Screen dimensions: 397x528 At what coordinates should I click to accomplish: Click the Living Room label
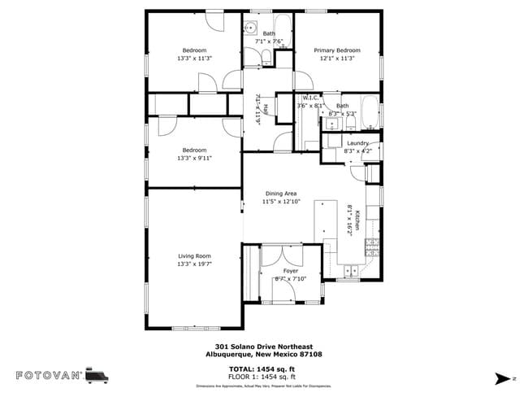pyautogui.click(x=194, y=256)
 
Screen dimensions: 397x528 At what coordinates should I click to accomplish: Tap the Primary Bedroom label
pyautogui.click(x=336, y=50)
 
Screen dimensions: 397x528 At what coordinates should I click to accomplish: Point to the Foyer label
pyautogui.click(x=291, y=271)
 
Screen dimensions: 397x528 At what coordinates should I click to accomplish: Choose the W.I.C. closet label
pyautogui.click(x=309, y=98)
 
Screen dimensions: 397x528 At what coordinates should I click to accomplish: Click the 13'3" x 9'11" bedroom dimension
pyautogui.click(x=194, y=158)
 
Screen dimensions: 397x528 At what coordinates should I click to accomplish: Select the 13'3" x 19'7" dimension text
pyautogui.click(x=194, y=264)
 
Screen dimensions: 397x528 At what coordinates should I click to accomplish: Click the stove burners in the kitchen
pyautogui.click(x=373, y=246)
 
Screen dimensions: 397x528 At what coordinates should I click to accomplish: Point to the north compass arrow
pyautogui.click(x=502, y=378)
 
